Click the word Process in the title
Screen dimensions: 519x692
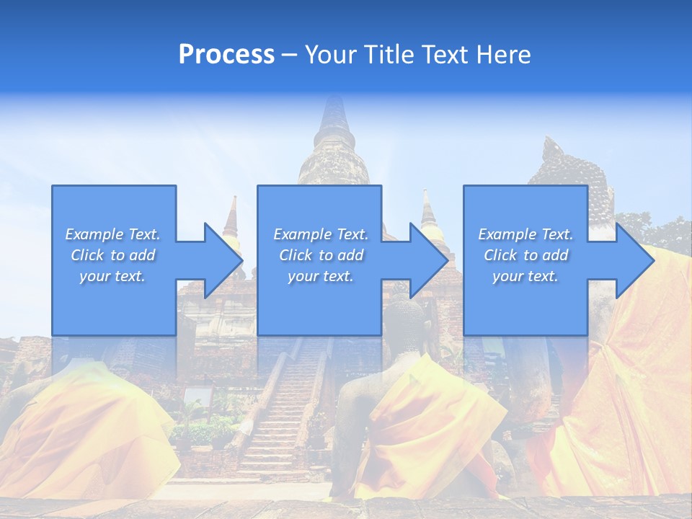click(x=226, y=55)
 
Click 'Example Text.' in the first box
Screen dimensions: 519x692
click(x=112, y=234)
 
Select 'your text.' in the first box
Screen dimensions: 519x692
click(x=112, y=276)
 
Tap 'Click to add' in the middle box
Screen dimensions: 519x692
click(x=321, y=255)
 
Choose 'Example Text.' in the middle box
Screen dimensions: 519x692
click(x=321, y=234)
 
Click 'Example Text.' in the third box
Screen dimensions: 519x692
click(x=525, y=234)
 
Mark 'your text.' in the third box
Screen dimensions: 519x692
click(x=525, y=276)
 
